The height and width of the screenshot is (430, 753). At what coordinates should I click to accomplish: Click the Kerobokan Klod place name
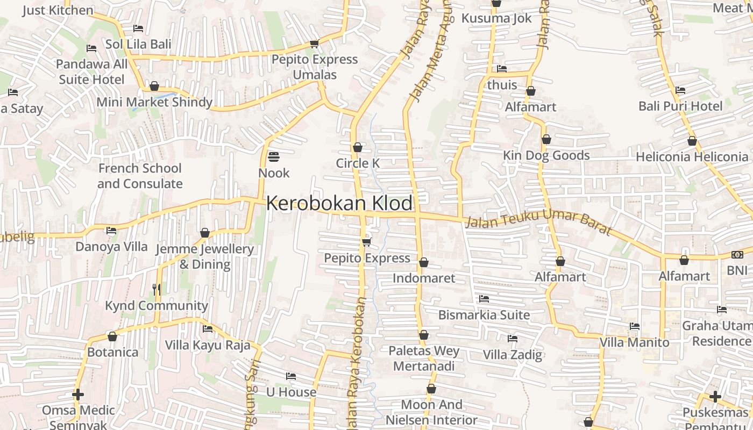(339, 203)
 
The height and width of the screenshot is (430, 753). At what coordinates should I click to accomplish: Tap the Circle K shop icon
(358, 147)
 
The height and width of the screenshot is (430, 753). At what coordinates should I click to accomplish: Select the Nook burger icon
(274, 157)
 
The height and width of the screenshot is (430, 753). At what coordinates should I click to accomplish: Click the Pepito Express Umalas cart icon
(315, 44)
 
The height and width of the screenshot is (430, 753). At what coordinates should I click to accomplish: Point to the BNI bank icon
(737, 255)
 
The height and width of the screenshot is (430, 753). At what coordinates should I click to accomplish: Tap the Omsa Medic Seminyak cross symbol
(78, 395)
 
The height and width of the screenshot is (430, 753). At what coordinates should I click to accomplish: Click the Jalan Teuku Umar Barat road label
(539, 222)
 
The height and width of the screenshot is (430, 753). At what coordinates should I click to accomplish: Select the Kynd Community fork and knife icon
(157, 290)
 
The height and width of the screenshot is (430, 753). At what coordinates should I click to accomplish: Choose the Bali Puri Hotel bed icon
(680, 90)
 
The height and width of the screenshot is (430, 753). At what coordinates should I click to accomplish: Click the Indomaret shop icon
(424, 262)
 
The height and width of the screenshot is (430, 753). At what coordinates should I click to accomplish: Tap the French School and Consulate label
(140, 176)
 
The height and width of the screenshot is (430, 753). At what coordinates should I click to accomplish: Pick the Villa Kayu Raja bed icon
(208, 329)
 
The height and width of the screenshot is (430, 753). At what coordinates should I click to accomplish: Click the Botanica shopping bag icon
(112, 336)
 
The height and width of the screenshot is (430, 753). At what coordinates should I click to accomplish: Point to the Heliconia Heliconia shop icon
(692, 141)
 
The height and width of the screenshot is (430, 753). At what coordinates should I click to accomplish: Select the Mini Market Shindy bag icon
(154, 86)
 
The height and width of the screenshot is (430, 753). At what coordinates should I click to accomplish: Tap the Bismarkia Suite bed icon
(484, 299)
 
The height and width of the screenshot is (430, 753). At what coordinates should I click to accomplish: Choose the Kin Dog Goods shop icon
(546, 139)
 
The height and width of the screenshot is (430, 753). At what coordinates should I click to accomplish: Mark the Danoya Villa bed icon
(111, 231)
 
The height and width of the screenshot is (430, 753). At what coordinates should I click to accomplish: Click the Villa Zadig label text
(513, 355)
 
